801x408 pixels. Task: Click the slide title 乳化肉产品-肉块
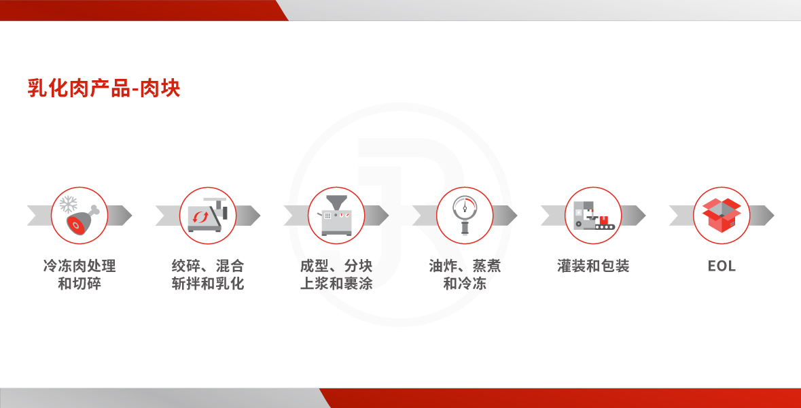[104, 88]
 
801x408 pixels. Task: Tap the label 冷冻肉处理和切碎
[79, 275]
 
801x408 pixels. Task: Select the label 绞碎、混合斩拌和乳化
[208, 275]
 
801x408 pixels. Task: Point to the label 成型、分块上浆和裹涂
[336, 275]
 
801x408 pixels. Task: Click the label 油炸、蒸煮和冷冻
[465, 275]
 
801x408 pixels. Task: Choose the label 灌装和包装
[593, 266]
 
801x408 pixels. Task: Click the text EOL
[722, 266]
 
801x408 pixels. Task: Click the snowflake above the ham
[69, 204]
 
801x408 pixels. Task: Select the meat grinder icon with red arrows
[207, 216]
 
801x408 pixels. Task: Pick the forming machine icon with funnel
[336, 216]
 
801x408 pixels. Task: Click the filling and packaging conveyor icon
[594, 216]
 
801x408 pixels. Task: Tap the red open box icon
[722, 216]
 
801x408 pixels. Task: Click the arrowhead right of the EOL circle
[762, 216]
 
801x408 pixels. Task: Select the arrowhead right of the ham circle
[120, 216]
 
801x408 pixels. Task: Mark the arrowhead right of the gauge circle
[505, 216]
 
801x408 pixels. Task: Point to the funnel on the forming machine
[336, 203]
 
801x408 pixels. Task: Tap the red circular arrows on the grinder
[200, 218]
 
